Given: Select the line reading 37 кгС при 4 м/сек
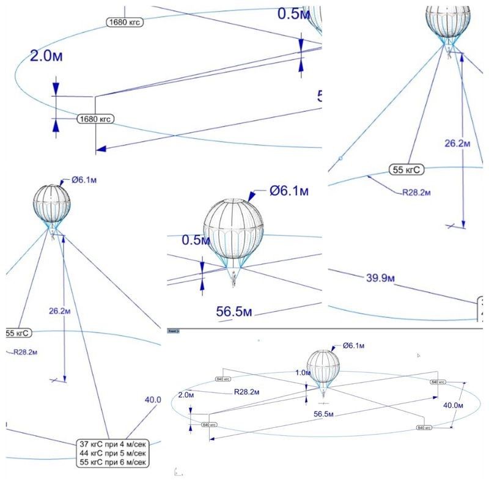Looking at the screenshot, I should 113,444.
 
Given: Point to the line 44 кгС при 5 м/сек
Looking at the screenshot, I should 113,454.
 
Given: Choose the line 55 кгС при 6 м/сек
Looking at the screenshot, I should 113,463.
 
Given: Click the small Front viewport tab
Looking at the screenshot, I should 173,331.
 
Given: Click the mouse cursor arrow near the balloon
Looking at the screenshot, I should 419,355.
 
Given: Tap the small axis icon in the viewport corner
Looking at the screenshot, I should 176,472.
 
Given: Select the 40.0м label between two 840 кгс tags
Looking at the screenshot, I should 453,405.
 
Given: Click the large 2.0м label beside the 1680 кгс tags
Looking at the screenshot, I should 46,56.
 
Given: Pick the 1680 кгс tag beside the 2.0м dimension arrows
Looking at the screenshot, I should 95,119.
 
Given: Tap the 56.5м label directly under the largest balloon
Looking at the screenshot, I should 234,312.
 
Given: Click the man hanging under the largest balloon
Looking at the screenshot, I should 234,280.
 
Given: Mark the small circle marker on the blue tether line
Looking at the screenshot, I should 340,158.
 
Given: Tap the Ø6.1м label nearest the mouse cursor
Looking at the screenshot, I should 354,346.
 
